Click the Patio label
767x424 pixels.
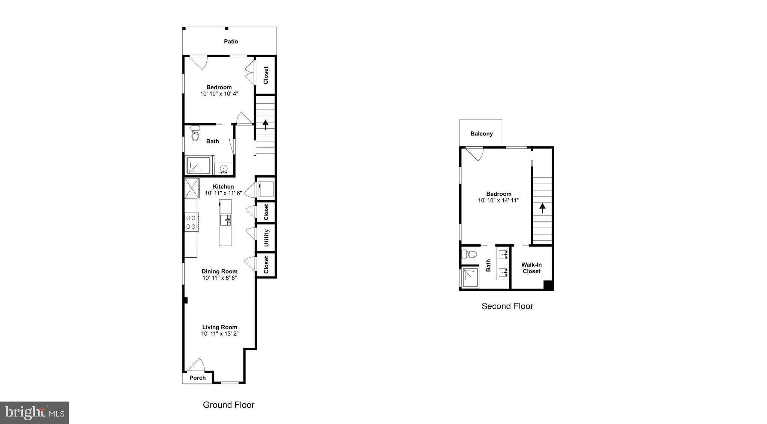click(231, 42)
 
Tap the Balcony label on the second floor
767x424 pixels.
click(481, 134)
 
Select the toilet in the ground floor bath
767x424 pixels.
click(195, 134)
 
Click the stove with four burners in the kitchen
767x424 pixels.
click(191, 222)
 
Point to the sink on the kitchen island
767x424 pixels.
click(225, 220)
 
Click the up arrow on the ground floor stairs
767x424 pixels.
click(266, 124)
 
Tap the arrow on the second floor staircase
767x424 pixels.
click(542, 208)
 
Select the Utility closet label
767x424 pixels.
click(266, 238)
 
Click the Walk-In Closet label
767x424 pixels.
click(531, 268)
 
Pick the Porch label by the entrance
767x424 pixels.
click(197, 378)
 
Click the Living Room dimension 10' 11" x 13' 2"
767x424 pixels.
click(220, 333)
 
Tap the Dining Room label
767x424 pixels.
click(219, 271)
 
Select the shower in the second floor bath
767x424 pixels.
click(470, 277)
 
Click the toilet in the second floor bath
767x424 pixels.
click(469, 254)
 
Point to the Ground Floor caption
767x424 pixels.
click(228, 405)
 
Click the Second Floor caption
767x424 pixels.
click(507, 306)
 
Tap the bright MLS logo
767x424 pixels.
click(34, 413)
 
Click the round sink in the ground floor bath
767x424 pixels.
click(224, 169)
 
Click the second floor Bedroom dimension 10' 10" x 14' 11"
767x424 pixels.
click(498, 200)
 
